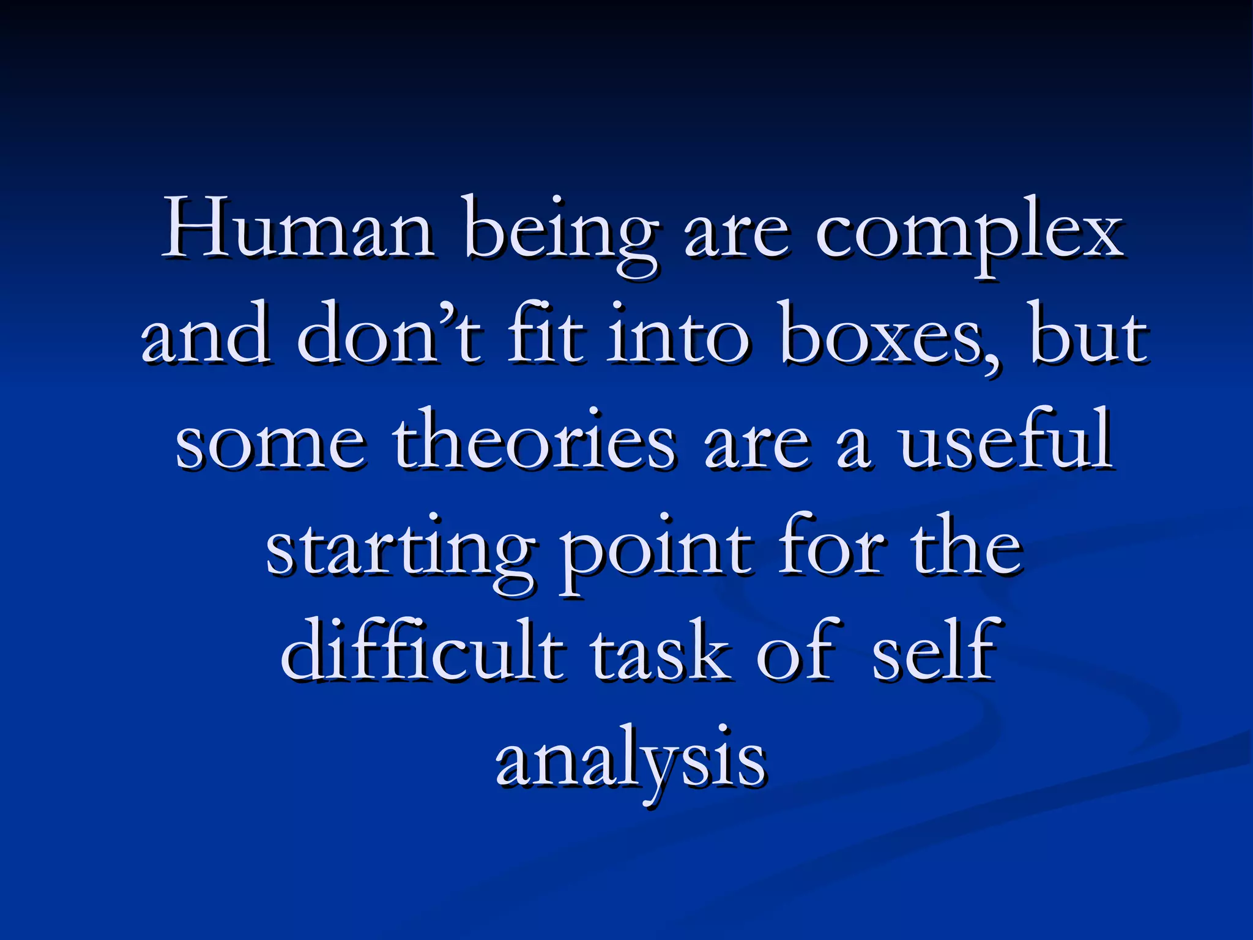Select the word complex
(969, 236)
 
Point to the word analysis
(630, 762)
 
